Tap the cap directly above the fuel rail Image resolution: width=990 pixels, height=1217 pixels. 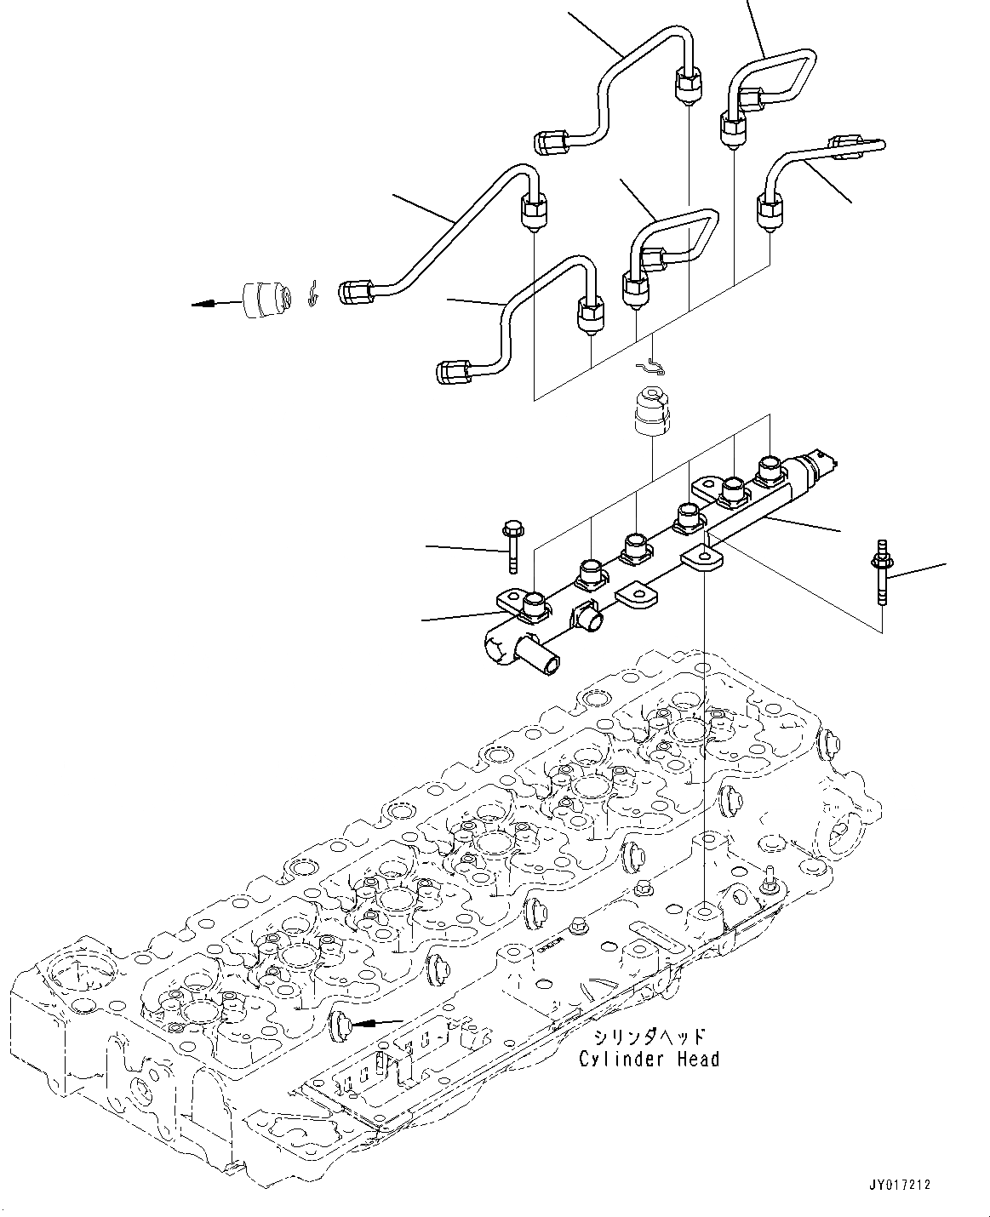[x=650, y=413]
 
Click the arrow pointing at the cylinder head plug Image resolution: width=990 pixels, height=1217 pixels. [x=379, y=1021]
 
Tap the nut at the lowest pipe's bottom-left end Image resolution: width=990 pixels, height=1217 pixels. [x=452, y=371]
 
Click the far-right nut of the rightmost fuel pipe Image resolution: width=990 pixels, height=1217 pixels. [x=849, y=146]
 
